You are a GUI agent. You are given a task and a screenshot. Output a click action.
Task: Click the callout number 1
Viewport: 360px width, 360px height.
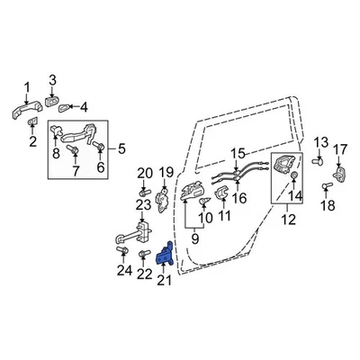click(x=26, y=86)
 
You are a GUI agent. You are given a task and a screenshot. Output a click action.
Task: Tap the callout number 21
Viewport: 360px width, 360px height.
click(x=164, y=282)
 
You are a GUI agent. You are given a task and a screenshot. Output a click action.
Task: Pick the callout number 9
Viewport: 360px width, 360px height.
click(x=194, y=240)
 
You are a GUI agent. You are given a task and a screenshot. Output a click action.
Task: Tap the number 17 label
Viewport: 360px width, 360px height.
click(x=339, y=148)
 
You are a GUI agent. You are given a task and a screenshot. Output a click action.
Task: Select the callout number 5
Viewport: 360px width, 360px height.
click(x=122, y=148)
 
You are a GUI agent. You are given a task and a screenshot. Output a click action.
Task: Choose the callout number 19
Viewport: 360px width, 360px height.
click(x=166, y=172)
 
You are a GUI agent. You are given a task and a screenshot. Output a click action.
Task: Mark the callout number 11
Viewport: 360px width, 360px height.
click(x=223, y=217)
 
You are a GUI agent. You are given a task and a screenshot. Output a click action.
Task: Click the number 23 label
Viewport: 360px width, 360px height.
click(x=141, y=206)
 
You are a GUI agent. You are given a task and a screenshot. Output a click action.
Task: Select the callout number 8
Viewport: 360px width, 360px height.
click(x=57, y=154)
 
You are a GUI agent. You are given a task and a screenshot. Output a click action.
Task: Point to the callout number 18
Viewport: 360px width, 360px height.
click(x=328, y=206)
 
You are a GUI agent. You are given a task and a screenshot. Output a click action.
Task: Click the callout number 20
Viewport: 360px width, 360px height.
click(x=144, y=173)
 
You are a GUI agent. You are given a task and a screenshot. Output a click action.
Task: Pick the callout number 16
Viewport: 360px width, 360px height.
click(x=239, y=198)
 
